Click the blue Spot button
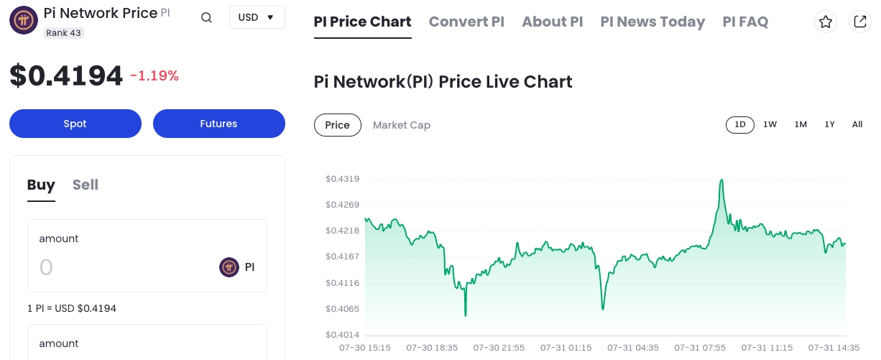[x=75, y=124]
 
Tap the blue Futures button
[x=218, y=124]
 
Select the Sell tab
[x=85, y=185]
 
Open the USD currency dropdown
[x=257, y=17]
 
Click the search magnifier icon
[x=206, y=18]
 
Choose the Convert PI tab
[x=466, y=22]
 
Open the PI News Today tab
[x=652, y=22]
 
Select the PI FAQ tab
[x=745, y=22]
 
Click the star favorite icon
[x=826, y=22]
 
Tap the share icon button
[x=859, y=22]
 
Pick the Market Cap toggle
[x=401, y=125]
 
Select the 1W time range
[x=770, y=124]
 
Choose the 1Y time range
[x=829, y=124]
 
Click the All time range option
[x=857, y=124]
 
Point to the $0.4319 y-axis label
[x=342, y=179]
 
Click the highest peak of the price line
[x=721, y=180]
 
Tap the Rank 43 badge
[x=64, y=33]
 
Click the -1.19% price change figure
[x=154, y=75]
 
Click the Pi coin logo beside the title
[x=24, y=19]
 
